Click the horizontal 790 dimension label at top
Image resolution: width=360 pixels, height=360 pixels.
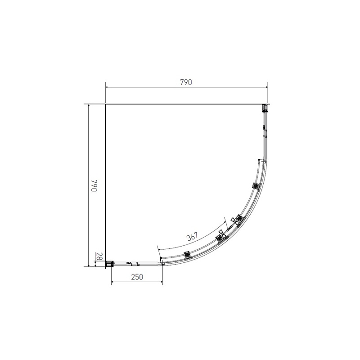tap(186, 82)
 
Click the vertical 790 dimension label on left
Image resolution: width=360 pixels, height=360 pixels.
tap(94, 185)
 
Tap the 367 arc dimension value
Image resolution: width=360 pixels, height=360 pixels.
tap(192, 237)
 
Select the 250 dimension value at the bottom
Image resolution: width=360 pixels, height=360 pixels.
tap(137, 277)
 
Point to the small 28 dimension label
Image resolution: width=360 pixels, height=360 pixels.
tap(99, 256)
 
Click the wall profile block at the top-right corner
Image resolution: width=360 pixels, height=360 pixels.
tap(265, 108)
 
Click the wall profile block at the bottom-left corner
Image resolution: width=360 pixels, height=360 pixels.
tap(109, 264)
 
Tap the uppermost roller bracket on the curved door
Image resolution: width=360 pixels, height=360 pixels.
tap(256, 185)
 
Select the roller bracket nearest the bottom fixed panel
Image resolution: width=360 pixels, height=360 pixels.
tap(188, 255)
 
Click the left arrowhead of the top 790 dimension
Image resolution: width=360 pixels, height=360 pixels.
tap(107, 87)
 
